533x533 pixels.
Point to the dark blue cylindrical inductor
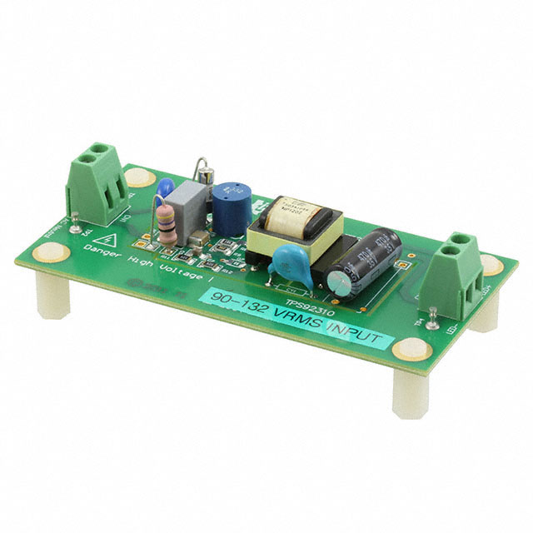point(232,202)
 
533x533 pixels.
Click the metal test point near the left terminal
point(74,223)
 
